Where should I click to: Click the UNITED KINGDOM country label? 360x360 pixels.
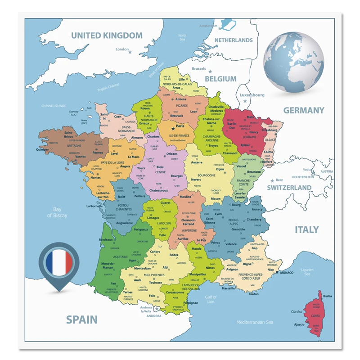coord(107,36)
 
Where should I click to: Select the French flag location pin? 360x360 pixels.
coord(59,264)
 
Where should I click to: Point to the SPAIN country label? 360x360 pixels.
coord(81,319)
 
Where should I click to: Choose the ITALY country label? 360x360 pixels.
coord(306,229)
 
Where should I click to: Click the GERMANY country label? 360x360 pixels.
coord(303,110)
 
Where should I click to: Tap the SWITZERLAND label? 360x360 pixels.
coord(289,187)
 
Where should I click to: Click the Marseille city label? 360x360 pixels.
coord(228,288)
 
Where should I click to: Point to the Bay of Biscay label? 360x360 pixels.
coord(57,212)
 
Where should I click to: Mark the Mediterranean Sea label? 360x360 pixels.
coord(255,322)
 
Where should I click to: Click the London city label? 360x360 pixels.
coord(122,49)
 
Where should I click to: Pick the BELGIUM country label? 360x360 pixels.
coord(220,79)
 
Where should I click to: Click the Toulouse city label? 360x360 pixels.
coord(156,283)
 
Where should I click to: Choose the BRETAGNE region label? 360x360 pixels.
coord(74,146)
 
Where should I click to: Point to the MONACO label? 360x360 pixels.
coord(287,272)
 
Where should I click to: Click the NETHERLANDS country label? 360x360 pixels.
coord(233,40)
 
